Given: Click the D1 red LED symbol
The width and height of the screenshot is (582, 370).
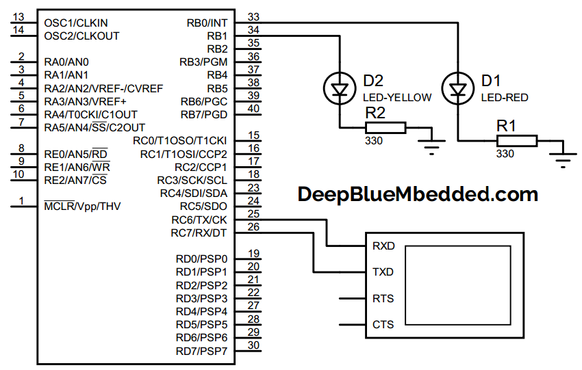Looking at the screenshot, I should point(456,88).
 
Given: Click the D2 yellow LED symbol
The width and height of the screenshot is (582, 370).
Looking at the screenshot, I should point(339,88).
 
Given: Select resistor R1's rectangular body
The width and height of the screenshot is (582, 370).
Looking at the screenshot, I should point(516,141).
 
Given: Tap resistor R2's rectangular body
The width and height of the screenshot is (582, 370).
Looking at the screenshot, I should point(386,127).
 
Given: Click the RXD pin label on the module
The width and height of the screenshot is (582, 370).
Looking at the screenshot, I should point(383,246).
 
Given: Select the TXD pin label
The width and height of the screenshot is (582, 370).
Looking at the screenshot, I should point(383,272).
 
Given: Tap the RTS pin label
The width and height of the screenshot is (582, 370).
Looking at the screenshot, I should point(383,298).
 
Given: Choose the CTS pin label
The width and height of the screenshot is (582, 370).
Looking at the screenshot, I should point(383,324).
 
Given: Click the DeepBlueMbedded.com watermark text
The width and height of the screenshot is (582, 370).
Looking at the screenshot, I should point(418,194).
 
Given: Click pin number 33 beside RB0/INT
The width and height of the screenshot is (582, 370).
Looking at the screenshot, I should point(253,16).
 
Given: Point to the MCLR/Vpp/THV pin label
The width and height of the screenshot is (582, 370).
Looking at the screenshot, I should point(82,206).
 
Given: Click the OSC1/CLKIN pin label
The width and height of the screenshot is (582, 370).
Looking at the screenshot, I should point(76,23).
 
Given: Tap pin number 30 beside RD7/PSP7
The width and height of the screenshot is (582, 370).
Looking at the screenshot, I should point(253,345).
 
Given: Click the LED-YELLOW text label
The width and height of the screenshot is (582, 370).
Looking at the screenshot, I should point(397,97).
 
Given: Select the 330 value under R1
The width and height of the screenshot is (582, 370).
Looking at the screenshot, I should point(505,154).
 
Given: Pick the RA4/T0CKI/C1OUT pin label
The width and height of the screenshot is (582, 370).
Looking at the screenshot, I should point(90,114).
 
